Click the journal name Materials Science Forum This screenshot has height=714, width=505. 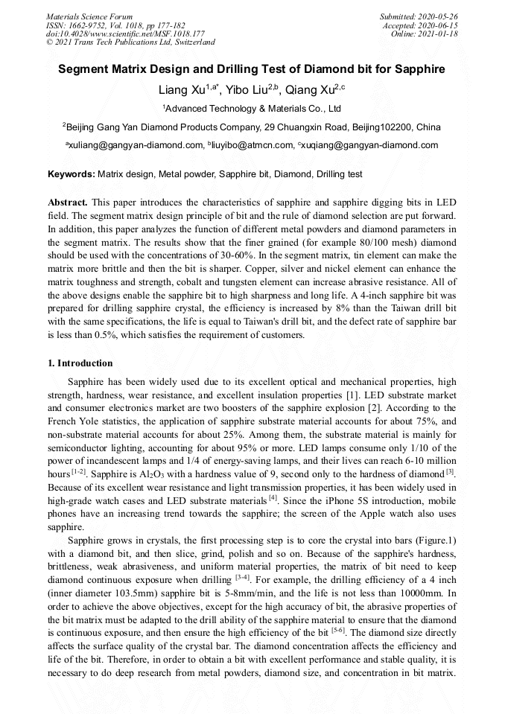pos(89,16)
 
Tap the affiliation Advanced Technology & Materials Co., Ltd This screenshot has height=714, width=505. pos(252,109)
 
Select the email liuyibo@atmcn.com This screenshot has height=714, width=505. pos(252,145)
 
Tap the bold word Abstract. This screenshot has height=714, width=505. pos(67,203)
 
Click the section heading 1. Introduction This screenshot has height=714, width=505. pos(80,363)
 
